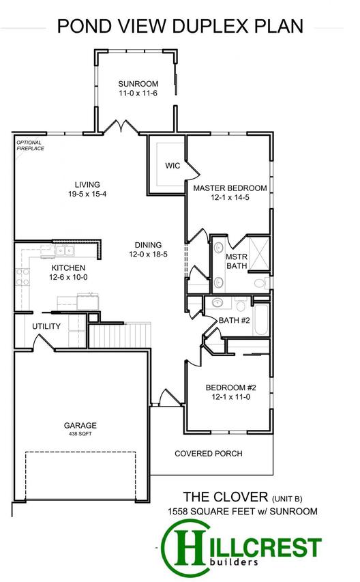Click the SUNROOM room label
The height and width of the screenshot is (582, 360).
(138, 84)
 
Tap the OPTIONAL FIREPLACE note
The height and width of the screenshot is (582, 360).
(31, 145)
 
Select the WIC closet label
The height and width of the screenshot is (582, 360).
(172, 166)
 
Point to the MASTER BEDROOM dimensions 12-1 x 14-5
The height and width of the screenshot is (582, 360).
(230, 197)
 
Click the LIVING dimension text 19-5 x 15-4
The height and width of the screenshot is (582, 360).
(87, 194)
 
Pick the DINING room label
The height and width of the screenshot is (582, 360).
(149, 245)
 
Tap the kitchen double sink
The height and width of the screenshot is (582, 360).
(65, 250)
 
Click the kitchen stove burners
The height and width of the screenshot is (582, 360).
(22, 277)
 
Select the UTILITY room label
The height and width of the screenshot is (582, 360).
(46, 326)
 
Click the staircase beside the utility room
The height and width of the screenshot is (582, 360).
(120, 335)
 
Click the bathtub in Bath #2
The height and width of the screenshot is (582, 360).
(261, 320)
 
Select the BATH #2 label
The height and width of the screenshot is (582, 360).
(235, 320)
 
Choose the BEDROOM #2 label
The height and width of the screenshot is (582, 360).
(231, 388)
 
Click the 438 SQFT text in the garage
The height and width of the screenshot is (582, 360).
(80, 434)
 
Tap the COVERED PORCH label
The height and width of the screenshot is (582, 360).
(209, 454)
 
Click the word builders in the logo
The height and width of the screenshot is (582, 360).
(232, 562)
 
